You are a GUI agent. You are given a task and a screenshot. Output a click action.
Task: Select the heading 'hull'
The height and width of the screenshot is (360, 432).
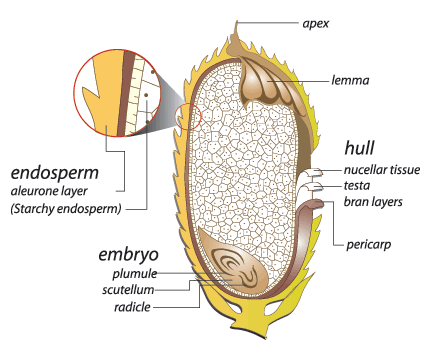[360, 146]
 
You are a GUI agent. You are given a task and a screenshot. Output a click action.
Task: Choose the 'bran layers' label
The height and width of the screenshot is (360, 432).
[372, 202]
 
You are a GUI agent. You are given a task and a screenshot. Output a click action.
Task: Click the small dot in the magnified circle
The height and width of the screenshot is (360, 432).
[146, 97]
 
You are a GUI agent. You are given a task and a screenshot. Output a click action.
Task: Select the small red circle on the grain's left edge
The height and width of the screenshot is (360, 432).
[188, 117]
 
